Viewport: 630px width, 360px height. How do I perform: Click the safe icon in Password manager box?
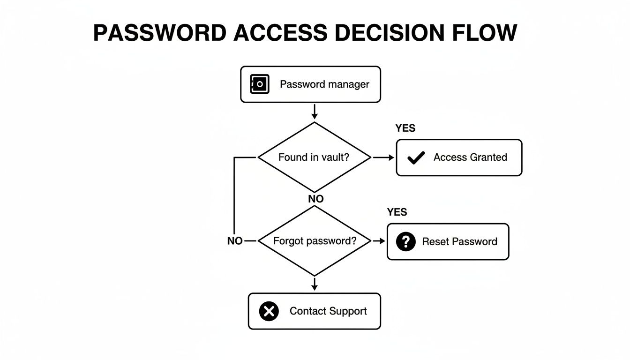[x=260, y=84]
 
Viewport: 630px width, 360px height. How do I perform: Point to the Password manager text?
[x=324, y=84]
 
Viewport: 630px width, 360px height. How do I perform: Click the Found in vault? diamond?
[x=314, y=157]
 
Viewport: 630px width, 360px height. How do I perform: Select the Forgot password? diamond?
[x=314, y=241]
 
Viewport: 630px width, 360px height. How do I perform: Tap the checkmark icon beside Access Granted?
[x=416, y=158]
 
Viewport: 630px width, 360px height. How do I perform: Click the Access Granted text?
[x=470, y=157]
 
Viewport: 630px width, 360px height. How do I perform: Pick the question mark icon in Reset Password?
[x=406, y=242]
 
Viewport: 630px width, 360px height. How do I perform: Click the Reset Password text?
[x=459, y=242]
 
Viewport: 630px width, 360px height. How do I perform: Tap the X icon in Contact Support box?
[x=269, y=311]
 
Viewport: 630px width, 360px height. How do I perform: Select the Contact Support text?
[x=328, y=311]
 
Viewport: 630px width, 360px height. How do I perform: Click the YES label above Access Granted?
[x=405, y=128]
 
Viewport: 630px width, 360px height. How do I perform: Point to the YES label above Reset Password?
[x=397, y=212]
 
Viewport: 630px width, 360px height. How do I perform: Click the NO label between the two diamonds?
[x=316, y=199]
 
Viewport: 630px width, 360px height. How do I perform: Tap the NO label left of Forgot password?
[x=235, y=241]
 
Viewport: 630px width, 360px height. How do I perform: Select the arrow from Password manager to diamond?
[x=315, y=112]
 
